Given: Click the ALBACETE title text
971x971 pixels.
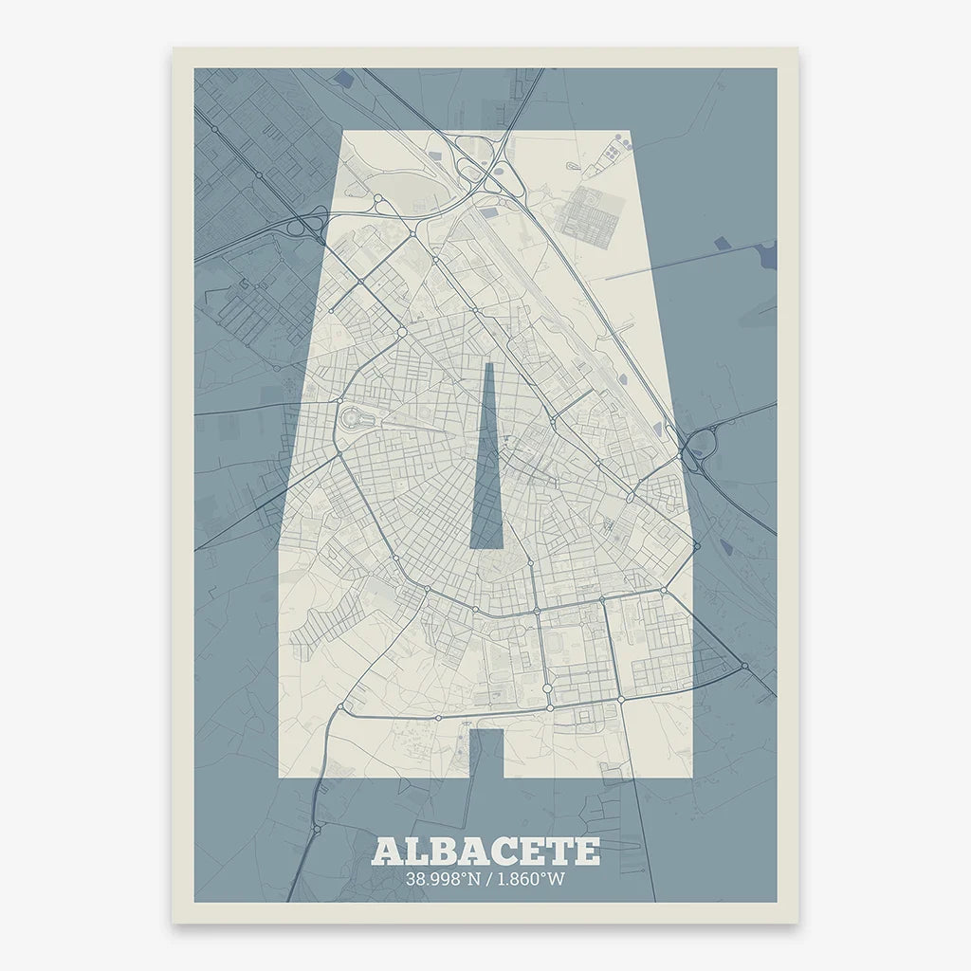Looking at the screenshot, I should pos(485,851).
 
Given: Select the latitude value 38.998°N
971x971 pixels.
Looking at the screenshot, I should pos(447,879).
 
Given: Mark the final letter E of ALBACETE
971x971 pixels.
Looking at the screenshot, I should pos(585,851).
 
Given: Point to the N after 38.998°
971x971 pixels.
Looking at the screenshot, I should pos(474,879).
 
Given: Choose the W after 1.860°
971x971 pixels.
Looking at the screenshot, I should pos(556,879).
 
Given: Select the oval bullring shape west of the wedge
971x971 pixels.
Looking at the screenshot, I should pos(353,417).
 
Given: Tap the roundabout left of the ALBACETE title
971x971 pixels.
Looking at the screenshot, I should pos(316,830).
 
